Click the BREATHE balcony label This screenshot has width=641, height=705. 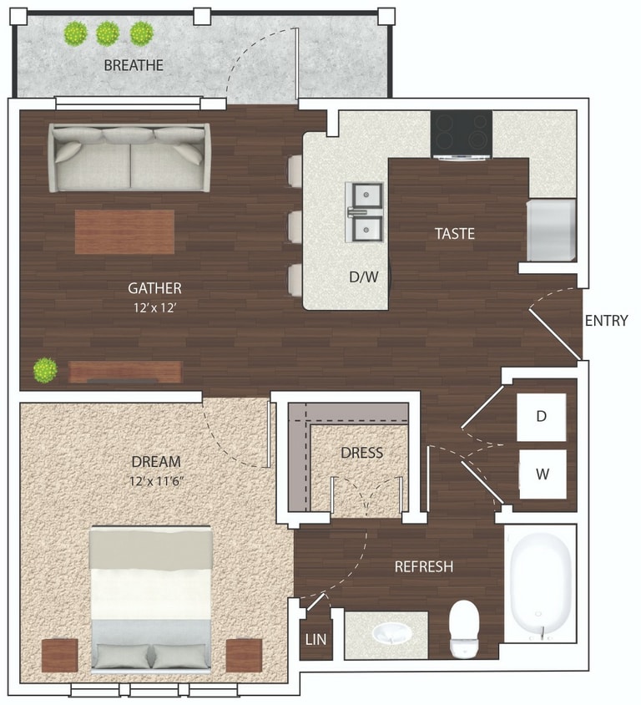click(x=134, y=65)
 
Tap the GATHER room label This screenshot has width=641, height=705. click(x=154, y=287)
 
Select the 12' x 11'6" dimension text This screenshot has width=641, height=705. click(x=157, y=481)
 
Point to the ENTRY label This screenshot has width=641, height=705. click(x=607, y=321)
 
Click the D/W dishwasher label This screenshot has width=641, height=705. click(x=364, y=276)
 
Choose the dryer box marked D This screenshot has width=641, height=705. click(x=542, y=418)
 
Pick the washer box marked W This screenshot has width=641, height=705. click(x=543, y=474)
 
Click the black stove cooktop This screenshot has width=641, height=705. click(x=462, y=134)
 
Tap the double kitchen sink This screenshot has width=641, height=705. click(x=364, y=212)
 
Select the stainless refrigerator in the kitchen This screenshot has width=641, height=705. click(x=552, y=231)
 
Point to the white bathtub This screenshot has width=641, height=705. click(x=542, y=583)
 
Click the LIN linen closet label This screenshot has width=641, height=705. click(x=315, y=639)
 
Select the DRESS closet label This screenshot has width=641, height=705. click(x=362, y=452)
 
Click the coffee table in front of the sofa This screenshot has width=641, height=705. click(x=125, y=231)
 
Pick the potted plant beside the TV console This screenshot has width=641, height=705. click(x=45, y=371)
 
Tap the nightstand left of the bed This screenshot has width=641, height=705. click(x=60, y=655)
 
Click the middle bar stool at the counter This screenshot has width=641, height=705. click(x=295, y=226)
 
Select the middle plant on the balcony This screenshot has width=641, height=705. click(x=108, y=33)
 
